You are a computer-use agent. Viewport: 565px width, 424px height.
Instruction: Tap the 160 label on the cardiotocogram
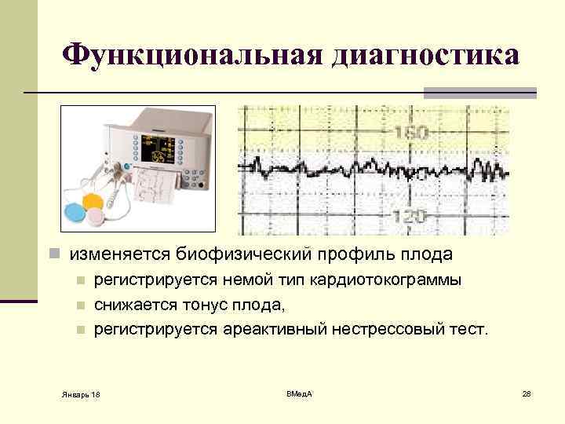(411, 133)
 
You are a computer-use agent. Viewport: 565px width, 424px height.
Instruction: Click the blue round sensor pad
(78, 213)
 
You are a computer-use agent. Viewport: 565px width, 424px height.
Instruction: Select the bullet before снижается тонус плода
(79, 305)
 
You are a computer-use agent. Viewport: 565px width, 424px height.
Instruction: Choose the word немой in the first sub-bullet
(240, 280)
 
